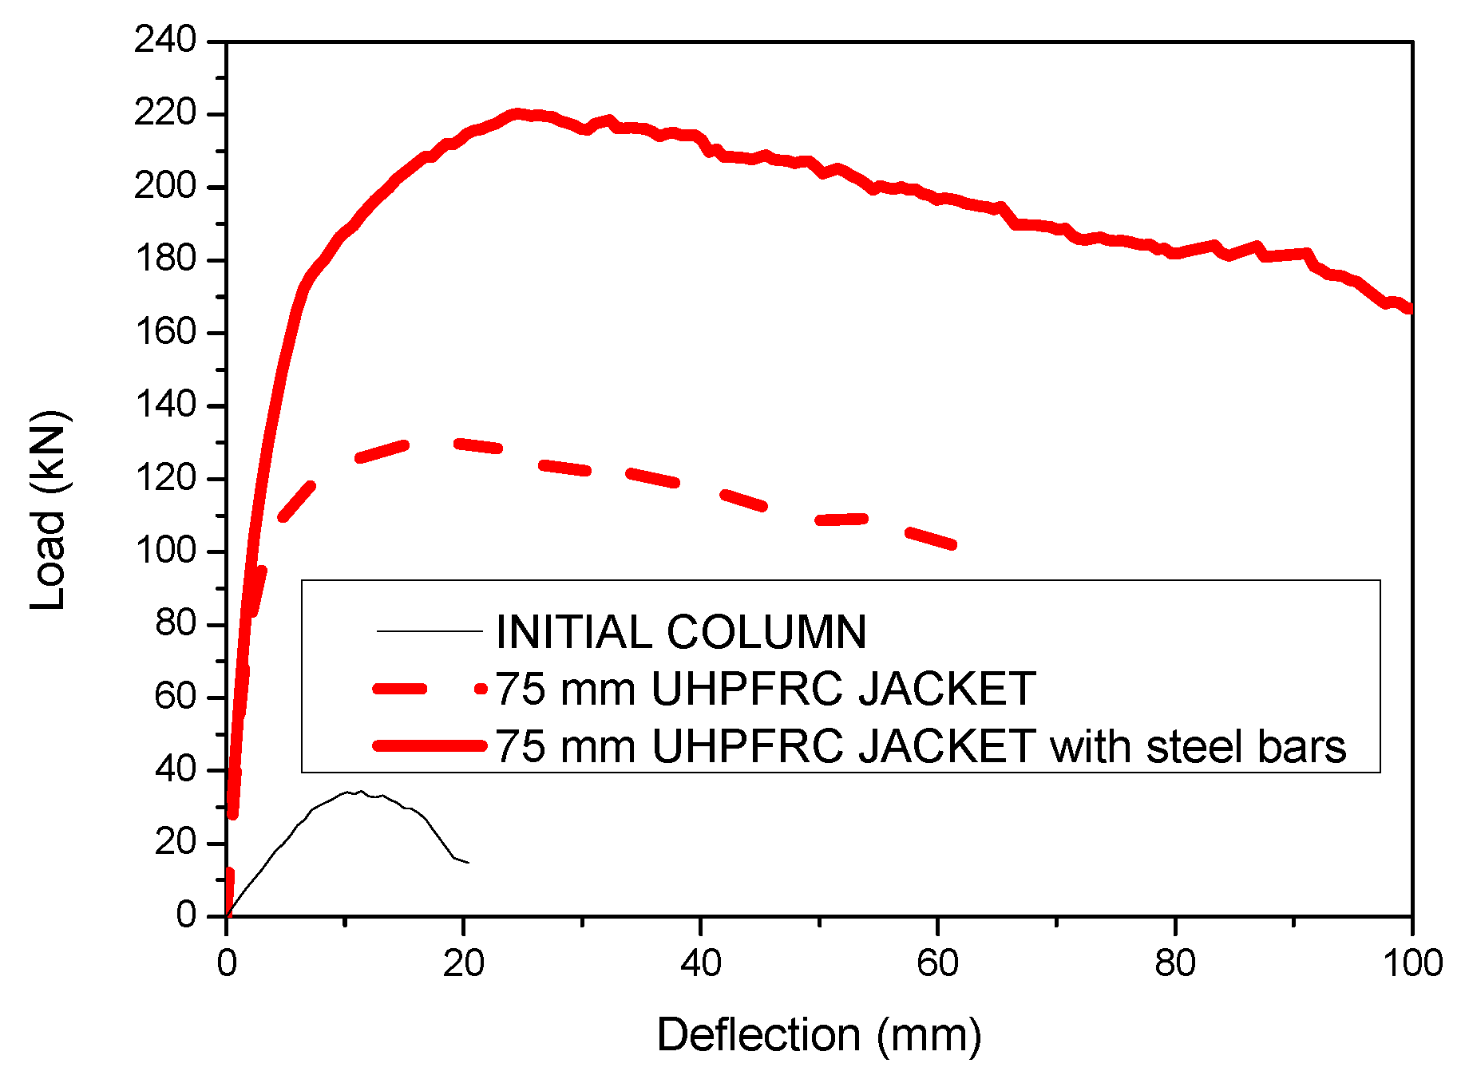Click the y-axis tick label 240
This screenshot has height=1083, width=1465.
[x=165, y=40]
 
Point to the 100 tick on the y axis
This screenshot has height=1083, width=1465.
[x=165, y=551]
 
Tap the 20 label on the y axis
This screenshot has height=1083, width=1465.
[x=176, y=842]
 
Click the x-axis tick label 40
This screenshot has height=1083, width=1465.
[x=700, y=963]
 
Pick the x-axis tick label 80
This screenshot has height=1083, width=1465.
[x=1175, y=963]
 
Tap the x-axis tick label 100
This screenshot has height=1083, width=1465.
[x=1412, y=963]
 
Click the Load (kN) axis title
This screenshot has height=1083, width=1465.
[x=48, y=511]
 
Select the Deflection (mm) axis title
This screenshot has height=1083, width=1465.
[x=818, y=1035]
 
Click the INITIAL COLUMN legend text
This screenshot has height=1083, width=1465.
[x=681, y=632]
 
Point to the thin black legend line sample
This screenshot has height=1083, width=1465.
[x=430, y=632]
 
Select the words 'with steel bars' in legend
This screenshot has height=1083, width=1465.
[x=1198, y=746]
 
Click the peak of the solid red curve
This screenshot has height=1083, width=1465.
[x=517, y=114]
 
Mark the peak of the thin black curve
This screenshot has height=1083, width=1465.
[x=361, y=792]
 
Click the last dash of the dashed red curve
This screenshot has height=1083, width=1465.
[x=930, y=537]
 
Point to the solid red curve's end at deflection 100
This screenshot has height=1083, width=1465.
[x=1410, y=308]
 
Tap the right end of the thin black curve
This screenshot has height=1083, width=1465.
[x=469, y=863]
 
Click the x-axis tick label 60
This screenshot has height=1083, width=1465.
[x=937, y=963]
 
